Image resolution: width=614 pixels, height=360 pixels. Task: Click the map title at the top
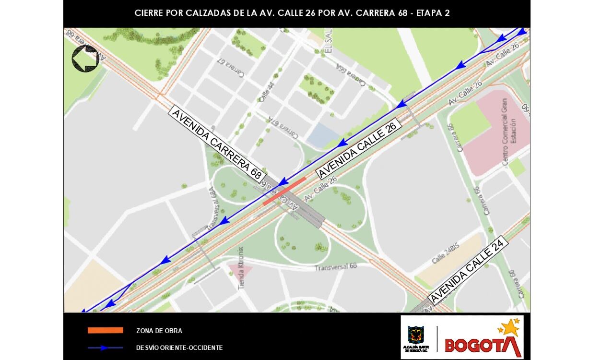[x=292, y=13]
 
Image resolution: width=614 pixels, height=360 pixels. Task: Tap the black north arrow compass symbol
[x=85, y=59]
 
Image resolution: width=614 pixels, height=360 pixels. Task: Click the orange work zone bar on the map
[x=284, y=191]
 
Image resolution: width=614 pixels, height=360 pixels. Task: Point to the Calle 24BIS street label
[x=446, y=252]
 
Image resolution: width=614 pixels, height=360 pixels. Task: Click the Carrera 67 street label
[x=231, y=67]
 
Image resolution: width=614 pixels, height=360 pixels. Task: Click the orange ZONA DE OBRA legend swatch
[x=105, y=331]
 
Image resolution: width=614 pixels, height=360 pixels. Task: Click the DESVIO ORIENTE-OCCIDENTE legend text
[x=179, y=348]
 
